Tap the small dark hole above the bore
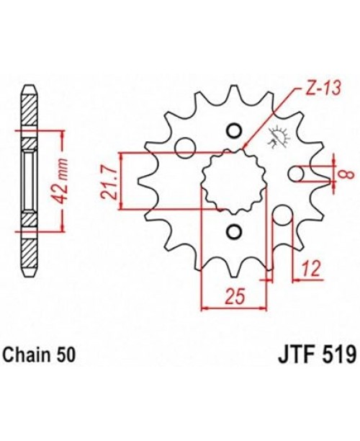point(232,130)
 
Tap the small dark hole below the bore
point(232,231)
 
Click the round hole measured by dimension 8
point(297,174)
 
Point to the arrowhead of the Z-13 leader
point(246,147)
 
